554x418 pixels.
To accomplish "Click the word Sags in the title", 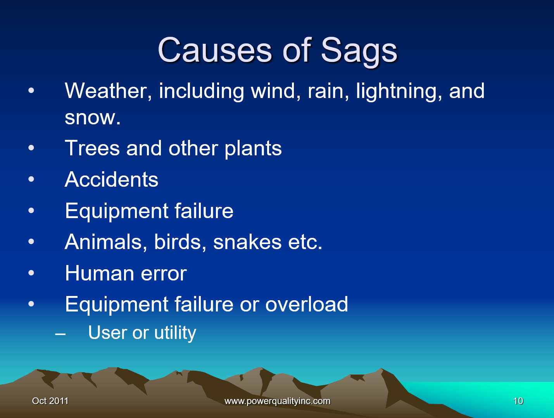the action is point(359,52).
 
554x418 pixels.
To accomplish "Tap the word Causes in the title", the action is point(215,50).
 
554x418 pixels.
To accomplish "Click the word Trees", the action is point(92,148).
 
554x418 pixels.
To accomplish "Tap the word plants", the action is point(253,149).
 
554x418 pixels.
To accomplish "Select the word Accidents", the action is point(111,179).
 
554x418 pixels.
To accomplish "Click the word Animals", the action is point(106,242).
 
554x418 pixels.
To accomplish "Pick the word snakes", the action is point(247,242).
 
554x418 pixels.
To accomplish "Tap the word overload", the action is point(307,304).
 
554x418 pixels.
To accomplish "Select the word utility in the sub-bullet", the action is point(175,333).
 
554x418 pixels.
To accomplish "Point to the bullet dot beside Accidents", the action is point(31,179).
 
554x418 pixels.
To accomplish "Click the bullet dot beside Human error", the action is point(31,273).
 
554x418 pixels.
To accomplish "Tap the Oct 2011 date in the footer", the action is point(50,401).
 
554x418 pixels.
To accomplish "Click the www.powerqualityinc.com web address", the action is point(277,401).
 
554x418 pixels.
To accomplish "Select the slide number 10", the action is point(518,401).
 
